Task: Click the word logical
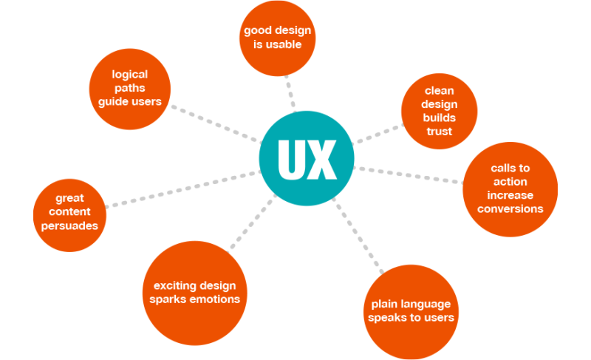pyautogui.click(x=130, y=74)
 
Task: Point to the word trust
pyautogui.click(x=439, y=132)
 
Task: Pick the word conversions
pyautogui.click(x=510, y=208)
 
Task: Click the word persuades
pyautogui.click(x=71, y=225)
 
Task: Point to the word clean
pyautogui.click(x=439, y=92)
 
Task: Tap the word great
pyautogui.click(x=70, y=198)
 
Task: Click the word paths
pyautogui.click(x=130, y=87)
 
